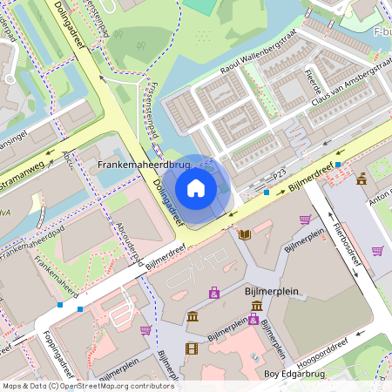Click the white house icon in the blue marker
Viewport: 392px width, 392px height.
point(196,188)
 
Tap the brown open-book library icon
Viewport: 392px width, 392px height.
point(245,234)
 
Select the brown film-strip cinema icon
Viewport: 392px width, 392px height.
point(192,348)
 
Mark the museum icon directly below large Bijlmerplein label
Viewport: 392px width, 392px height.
point(257,306)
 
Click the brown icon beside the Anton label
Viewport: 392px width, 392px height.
point(362,179)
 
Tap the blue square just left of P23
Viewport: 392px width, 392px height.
point(267,191)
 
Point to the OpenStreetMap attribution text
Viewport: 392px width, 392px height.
point(87,386)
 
